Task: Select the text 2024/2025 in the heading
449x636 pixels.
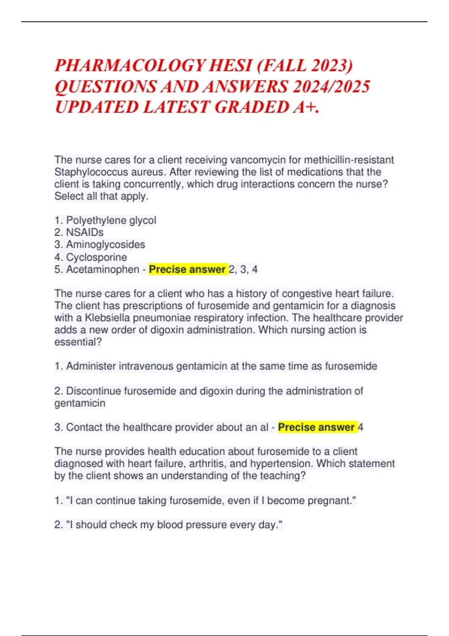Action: pyautogui.click(x=332, y=87)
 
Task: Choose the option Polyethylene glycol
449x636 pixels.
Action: pyautogui.click(x=111, y=220)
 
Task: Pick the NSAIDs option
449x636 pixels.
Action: pyautogui.click(x=85, y=232)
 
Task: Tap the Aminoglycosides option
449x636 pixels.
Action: pyautogui.click(x=106, y=245)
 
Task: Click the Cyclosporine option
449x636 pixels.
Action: pyautogui.click(x=97, y=257)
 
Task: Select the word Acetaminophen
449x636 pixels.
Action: pyautogui.click(x=103, y=269)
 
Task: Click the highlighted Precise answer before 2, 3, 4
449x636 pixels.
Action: pyautogui.click(x=187, y=269)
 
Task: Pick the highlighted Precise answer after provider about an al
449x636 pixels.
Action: pyautogui.click(x=317, y=427)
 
